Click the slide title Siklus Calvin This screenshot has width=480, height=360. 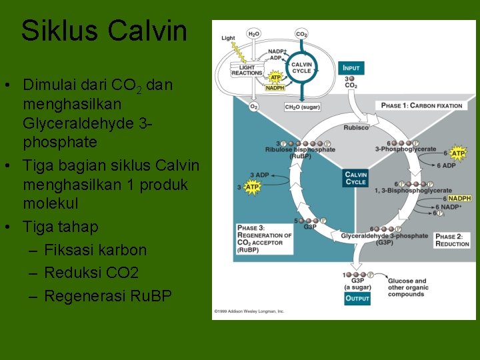104,31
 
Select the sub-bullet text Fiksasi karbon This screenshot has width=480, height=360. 95,250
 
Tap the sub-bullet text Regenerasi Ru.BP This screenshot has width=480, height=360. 107,295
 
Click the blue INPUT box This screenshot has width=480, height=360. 351,68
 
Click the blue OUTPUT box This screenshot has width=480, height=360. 357,298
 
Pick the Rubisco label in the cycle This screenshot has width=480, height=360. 355,127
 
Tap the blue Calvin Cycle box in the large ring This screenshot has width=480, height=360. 355,178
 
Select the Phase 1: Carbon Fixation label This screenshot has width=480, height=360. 421,105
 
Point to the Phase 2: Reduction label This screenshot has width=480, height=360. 452,240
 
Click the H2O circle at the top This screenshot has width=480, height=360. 254,33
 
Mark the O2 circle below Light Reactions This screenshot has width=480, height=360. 254,106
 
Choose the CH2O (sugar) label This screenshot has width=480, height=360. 302,107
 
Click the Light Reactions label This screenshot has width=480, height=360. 247,70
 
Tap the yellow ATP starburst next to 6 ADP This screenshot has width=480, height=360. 458,153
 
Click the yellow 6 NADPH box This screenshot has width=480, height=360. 459,198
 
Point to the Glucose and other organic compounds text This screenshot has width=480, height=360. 409,288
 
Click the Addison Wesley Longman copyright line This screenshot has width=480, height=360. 249,311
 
